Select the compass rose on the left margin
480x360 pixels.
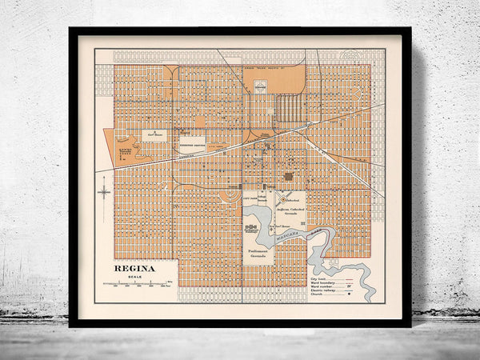(104, 192)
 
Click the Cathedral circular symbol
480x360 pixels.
(282, 197)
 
